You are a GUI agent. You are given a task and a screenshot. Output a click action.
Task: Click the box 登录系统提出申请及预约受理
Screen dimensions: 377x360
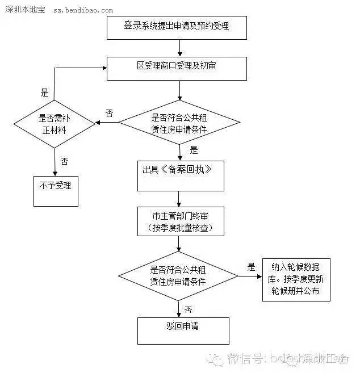177,27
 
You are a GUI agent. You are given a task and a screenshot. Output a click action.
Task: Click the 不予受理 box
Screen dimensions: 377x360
55,186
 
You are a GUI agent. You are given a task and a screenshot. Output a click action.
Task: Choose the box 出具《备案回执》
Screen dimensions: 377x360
181,175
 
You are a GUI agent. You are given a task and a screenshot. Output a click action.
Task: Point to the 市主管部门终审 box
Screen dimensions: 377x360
181,221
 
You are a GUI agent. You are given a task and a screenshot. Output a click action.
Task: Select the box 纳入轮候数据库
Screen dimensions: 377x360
296,279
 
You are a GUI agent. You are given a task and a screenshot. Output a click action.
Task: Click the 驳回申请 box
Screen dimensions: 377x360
183,330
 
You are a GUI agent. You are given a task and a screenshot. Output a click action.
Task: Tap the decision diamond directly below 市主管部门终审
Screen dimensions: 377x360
178,277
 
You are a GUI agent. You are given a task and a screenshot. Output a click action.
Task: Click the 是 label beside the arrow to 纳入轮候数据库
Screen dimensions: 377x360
252,267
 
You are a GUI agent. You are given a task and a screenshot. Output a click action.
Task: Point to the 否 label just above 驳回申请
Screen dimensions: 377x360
188,309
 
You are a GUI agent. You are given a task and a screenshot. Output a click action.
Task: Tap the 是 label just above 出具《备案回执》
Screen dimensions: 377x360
194,150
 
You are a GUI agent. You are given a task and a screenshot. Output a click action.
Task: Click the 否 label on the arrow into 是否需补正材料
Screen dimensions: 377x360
108,113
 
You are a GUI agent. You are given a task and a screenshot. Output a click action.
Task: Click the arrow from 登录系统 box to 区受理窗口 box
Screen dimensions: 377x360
179,48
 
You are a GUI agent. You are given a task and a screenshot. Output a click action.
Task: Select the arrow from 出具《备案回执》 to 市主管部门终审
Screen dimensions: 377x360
179,199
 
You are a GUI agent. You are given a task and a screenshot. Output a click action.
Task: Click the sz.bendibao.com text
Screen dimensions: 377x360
82,10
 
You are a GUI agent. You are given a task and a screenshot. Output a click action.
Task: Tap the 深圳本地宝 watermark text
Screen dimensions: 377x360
25,10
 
